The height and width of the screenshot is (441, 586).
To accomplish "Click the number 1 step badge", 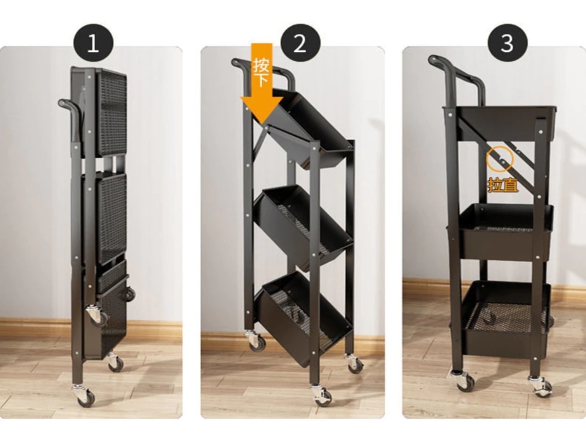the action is click(x=93, y=43).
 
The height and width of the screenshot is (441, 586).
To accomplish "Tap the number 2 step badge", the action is click(x=300, y=43).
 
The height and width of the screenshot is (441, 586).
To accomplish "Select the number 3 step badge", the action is click(x=507, y=43).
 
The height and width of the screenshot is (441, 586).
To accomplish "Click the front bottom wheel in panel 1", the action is click(x=85, y=396).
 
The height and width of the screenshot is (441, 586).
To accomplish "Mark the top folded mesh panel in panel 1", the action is click(x=111, y=112).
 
